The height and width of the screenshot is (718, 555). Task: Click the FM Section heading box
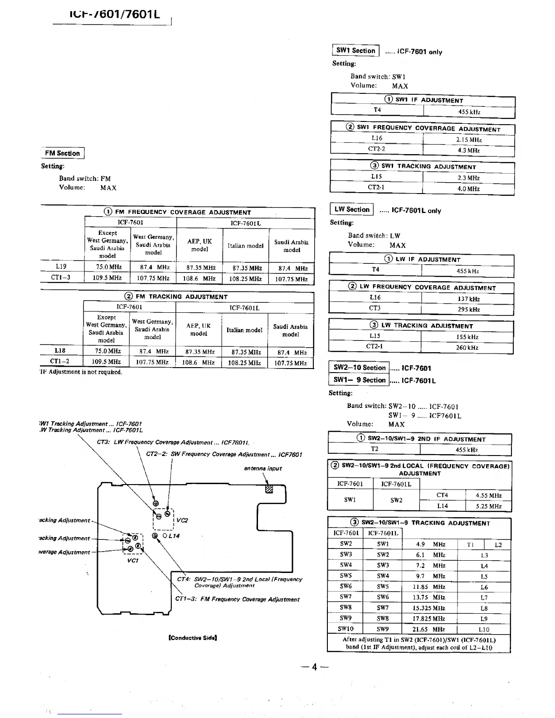tap(63, 153)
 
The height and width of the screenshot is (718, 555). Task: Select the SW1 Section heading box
tap(356, 51)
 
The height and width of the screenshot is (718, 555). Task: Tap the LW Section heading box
tap(352, 209)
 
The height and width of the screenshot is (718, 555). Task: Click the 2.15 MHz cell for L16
tap(469, 140)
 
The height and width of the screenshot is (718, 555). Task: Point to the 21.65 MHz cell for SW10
tap(428, 629)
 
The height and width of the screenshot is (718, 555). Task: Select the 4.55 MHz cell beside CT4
tap(488, 495)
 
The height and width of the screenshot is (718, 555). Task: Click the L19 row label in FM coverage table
tap(61, 267)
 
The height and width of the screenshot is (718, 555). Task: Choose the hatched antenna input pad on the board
tap(269, 490)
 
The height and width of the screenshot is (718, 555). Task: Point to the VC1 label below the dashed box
tap(133, 560)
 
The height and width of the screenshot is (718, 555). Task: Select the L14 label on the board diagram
tap(174, 536)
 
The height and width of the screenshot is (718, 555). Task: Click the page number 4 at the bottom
tap(313, 667)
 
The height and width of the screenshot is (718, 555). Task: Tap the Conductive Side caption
tap(193, 638)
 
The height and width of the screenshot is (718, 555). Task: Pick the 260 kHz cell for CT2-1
tap(467, 348)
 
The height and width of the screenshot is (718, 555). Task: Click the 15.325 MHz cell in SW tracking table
tap(428, 608)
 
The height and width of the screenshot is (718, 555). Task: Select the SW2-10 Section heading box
tap(359, 368)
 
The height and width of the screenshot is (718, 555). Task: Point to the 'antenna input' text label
tap(263, 468)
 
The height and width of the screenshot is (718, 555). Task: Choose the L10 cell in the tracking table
tap(484, 629)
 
